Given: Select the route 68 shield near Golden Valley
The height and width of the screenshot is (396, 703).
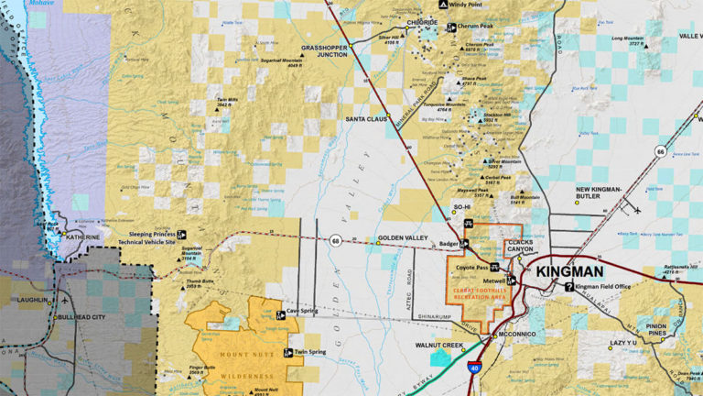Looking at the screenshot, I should pos(336,241).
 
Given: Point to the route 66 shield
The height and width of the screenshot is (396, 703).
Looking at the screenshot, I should pos(660,151).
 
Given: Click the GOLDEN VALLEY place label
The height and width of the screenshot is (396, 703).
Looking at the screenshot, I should pos(404,239).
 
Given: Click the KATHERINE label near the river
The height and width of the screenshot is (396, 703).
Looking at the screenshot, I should pos(84,236).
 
